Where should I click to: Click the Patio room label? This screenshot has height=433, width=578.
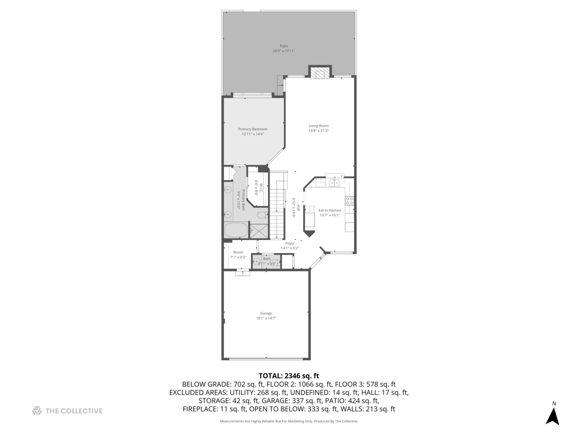coord(284,46)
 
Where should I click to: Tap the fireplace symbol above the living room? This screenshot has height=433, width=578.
coord(320,73)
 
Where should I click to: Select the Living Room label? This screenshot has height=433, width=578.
coord(318,126)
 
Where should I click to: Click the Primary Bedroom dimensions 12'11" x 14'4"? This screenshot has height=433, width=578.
coord(252,134)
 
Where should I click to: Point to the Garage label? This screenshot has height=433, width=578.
coord(266,314)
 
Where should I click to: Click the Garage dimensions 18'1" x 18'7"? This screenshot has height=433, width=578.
coord(266,318)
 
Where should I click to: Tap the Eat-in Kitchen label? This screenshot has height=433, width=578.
coord(330,210)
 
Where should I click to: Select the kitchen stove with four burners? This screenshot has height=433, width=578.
coord(349,201)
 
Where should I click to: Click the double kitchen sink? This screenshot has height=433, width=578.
coord(334,183)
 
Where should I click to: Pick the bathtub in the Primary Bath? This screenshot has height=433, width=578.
coord(236,231)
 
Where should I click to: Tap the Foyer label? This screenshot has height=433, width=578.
coord(290,243)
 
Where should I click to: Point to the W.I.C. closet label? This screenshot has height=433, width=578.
coord(261,187)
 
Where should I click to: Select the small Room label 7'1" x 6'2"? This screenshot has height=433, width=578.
coord(238,253)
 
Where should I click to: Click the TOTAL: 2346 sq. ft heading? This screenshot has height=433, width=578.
coord(289,376)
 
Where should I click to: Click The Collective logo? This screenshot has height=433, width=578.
coord(67,411)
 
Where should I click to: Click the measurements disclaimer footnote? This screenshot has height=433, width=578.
coord(289,421)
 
